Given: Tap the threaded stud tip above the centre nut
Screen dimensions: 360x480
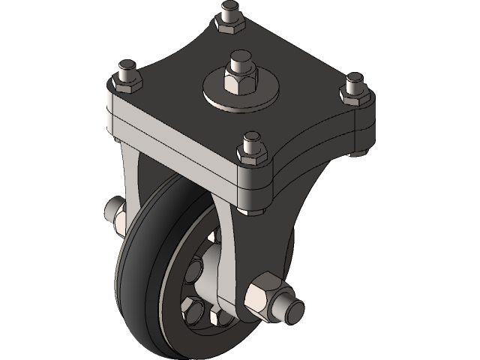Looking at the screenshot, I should click(x=240, y=58).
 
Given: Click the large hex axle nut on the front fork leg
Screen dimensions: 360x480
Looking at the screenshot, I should click(x=264, y=294).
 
